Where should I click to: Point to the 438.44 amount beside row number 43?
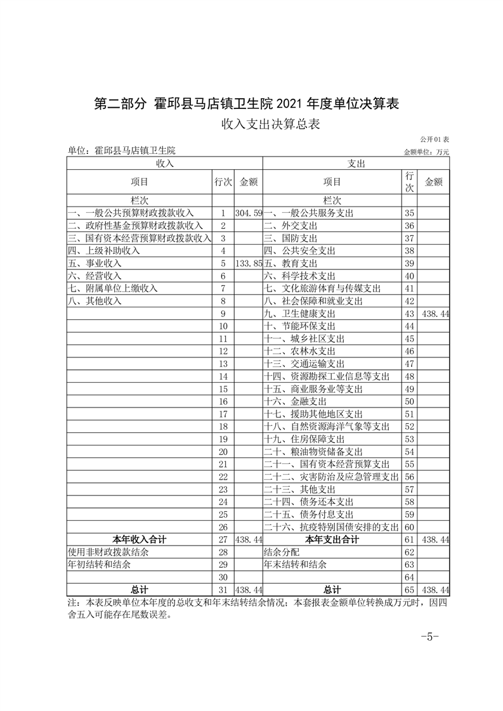coord(434,314)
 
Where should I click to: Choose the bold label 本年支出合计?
coord(332,540)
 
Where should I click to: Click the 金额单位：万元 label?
coord(426,152)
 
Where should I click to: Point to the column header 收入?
coord(164,163)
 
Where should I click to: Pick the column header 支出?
coord(356,163)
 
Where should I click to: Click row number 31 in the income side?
coord(223,590)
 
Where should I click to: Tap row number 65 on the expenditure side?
coord(409,590)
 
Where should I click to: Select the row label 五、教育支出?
coord(291,263)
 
